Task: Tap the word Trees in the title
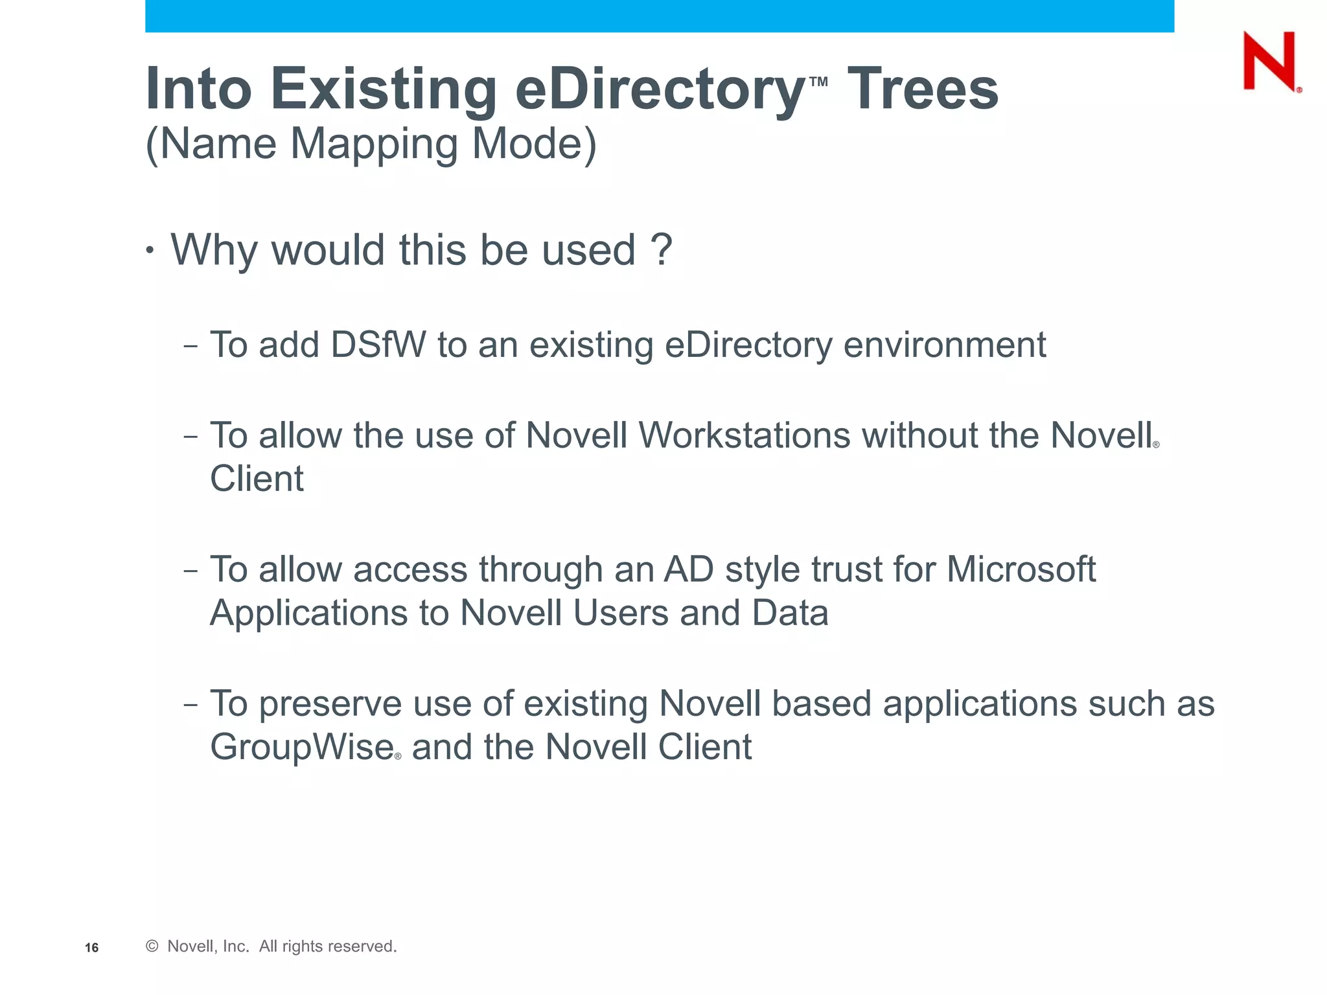click(x=923, y=89)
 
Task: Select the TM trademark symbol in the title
click(x=818, y=82)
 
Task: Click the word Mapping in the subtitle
click(x=375, y=144)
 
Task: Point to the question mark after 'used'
click(x=661, y=249)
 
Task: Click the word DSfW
click(x=378, y=345)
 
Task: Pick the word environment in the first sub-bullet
click(x=944, y=345)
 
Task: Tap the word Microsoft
click(x=1021, y=569)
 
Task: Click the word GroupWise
click(x=302, y=747)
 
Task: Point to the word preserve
click(x=330, y=703)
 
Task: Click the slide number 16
click(x=92, y=948)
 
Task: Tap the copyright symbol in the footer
click(x=152, y=946)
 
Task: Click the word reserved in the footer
click(x=364, y=946)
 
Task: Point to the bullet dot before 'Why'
click(x=150, y=250)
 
